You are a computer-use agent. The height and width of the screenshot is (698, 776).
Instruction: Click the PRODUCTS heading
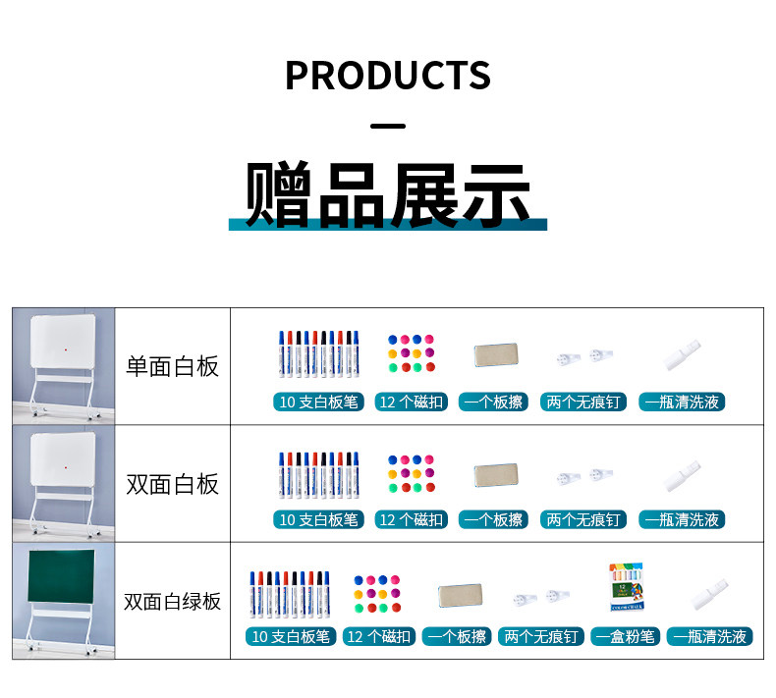[x=388, y=76]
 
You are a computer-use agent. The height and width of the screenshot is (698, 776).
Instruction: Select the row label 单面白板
[x=172, y=366]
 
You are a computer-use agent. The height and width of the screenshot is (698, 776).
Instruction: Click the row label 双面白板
[x=172, y=484]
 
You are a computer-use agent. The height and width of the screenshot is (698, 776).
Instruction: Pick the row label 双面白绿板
[x=172, y=602]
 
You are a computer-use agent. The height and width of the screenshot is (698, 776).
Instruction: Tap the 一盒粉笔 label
[x=625, y=637]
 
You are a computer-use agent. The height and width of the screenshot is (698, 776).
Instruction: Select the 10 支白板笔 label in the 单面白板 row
[x=318, y=402]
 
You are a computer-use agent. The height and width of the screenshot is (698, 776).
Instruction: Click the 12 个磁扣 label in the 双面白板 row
[x=412, y=519]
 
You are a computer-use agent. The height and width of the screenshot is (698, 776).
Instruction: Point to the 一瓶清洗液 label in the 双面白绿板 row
[x=709, y=637]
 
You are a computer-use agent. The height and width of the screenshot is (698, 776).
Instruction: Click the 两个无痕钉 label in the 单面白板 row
[x=583, y=402]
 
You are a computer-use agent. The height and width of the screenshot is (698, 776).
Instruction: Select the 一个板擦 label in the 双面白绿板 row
[x=457, y=637]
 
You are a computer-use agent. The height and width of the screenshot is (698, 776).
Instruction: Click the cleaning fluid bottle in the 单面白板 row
[x=683, y=354]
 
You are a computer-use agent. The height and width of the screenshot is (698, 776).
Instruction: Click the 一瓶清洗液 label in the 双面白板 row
[x=682, y=519]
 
